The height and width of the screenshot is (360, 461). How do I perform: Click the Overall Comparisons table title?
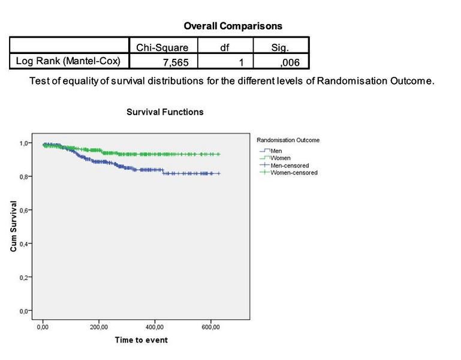pyautogui.click(x=233, y=26)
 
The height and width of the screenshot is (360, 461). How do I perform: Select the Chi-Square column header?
pyautogui.click(x=162, y=47)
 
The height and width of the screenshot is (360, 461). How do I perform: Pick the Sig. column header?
pyautogui.click(x=280, y=47)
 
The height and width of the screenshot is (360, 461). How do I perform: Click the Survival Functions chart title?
pyautogui.click(x=165, y=112)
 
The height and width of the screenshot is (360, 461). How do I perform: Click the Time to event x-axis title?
pyautogui.click(x=141, y=340)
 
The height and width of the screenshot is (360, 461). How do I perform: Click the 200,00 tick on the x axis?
pyautogui.click(x=99, y=327)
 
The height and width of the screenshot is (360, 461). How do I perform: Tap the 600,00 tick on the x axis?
pyautogui.click(x=211, y=327)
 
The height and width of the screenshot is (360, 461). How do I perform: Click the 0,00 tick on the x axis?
pyautogui.click(x=43, y=327)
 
